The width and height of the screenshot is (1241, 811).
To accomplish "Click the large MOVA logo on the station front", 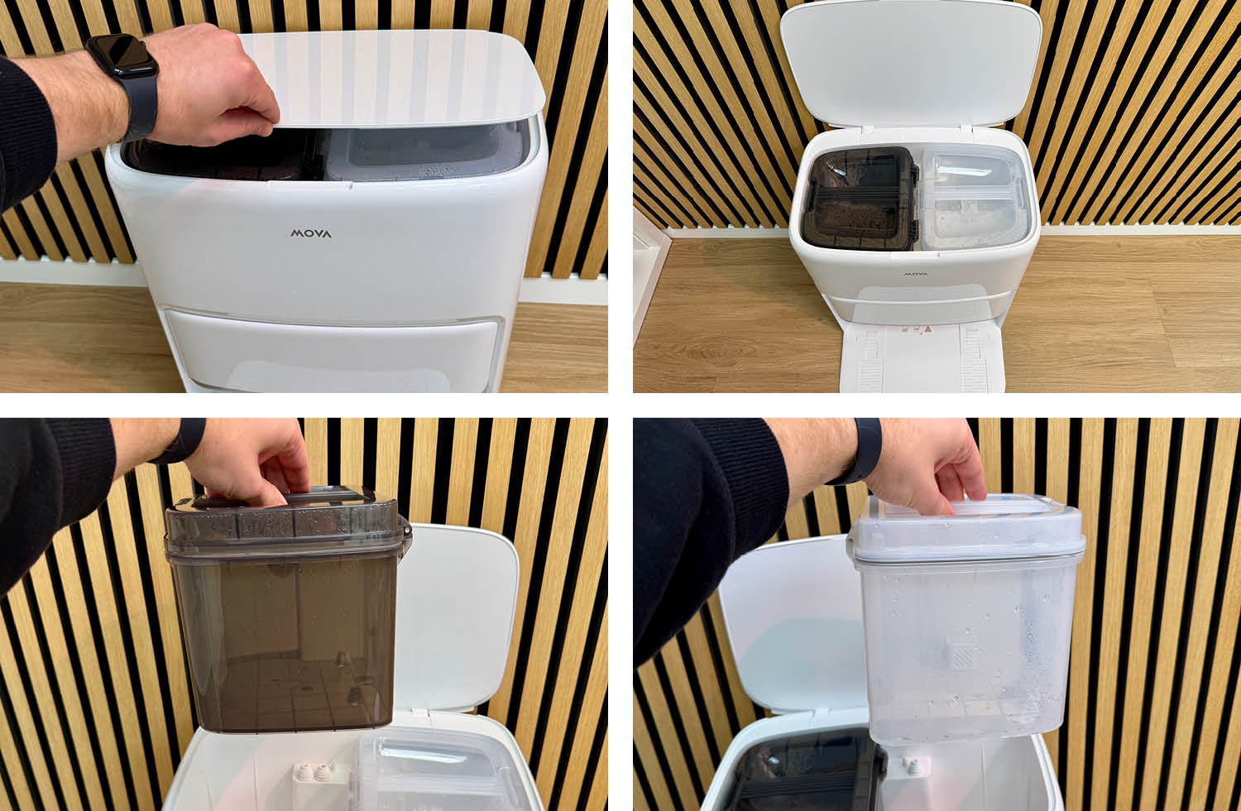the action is click(311, 233).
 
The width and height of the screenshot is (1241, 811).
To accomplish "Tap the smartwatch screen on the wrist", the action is click(120, 57).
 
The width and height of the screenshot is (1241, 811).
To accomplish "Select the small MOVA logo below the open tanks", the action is click(915, 274).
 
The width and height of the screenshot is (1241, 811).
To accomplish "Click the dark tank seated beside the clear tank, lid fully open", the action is click(860, 198).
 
